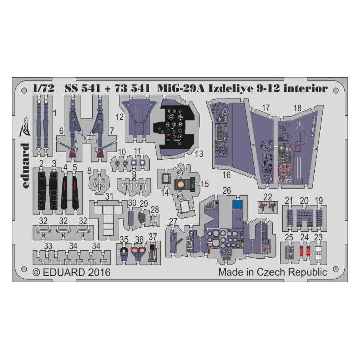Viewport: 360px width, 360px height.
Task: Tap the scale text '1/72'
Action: pyautogui.click(x=44, y=88)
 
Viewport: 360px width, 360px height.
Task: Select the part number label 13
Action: pyautogui.click(x=199, y=154)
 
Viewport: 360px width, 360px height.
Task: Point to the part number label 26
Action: pyautogui.click(x=227, y=190)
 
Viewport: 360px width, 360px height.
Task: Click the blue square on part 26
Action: pyautogui.click(x=238, y=204)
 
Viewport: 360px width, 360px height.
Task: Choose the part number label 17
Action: pyautogui.click(x=266, y=108)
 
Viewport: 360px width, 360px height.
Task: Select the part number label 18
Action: pyautogui.click(x=297, y=108)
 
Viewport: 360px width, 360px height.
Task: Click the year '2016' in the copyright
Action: pyautogui.click(x=99, y=272)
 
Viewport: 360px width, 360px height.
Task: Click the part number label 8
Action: pyautogui.click(x=89, y=171)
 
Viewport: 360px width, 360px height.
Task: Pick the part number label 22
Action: pyautogui.click(x=268, y=197)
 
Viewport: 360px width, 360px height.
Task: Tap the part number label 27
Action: pyautogui.click(x=173, y=221)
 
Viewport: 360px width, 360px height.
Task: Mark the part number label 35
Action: pyautogui.click(x=124, y=239)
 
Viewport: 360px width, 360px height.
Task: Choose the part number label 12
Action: pyautogui.click(x=120, y=117)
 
